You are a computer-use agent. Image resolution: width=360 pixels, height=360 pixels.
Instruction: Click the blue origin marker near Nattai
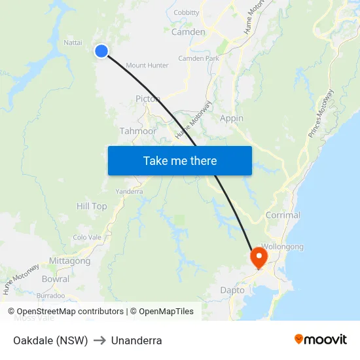[101, 51]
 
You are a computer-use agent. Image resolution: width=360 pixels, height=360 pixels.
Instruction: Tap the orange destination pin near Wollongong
[259, 257]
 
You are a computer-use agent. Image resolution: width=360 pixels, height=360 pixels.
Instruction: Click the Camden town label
[188, 31]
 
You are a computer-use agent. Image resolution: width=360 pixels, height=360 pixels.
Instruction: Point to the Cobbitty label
[187, 12]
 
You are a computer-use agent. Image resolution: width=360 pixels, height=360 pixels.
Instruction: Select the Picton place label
[147, 99]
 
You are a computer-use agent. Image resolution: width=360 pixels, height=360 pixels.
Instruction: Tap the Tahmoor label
[137, 131]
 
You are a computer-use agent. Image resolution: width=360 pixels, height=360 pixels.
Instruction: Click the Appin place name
[232, 118]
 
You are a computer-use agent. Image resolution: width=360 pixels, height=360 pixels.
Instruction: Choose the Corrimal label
[283, 215]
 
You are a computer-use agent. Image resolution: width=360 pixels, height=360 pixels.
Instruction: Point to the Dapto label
[232, 290]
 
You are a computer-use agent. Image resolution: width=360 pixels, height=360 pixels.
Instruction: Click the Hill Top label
[92, 206]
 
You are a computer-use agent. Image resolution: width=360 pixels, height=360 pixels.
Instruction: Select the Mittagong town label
[69, 261]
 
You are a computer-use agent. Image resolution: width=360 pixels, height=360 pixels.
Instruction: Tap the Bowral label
[55, 279]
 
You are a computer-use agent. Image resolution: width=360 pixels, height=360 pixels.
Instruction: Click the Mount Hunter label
[147, 65]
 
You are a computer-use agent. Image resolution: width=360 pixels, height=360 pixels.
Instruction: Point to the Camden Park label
[198, 58]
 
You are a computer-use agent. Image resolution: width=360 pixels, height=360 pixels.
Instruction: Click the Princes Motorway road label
[321, 113]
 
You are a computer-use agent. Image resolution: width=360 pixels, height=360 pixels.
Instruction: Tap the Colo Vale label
[87, 238]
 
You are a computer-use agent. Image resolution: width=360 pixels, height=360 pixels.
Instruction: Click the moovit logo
[320, 339]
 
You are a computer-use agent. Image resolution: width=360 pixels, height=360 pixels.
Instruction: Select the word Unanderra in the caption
[136, 340]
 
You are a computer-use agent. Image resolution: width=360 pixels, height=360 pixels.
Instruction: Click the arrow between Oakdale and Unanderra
[99, 340]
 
